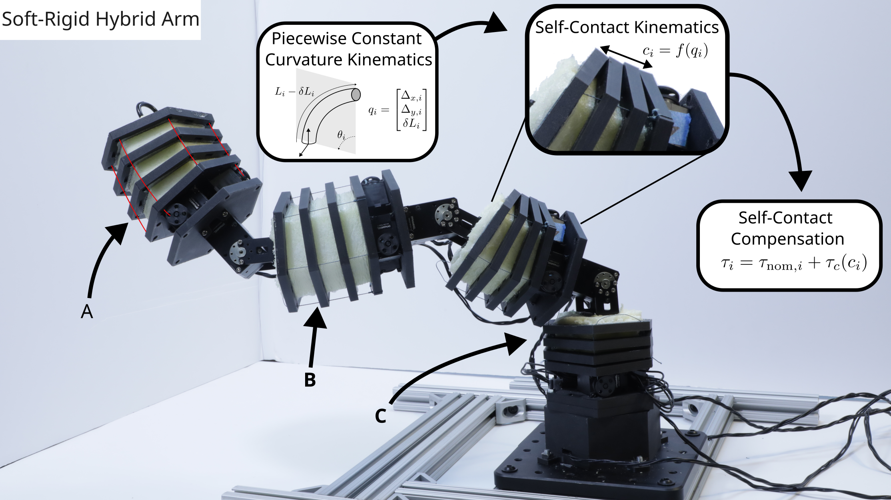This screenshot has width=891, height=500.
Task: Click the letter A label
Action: click(x=87, y=312)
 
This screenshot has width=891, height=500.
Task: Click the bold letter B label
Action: click(x=310, y=380)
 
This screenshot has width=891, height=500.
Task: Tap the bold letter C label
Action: click(x=380, y=416)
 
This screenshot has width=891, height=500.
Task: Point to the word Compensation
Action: click(x=787, y=239)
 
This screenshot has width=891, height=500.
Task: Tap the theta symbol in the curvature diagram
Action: click(x=341, y=135)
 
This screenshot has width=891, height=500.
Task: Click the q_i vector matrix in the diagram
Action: click(x=398, y=110)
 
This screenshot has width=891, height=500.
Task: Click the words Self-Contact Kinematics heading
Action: click(x=627, y=27)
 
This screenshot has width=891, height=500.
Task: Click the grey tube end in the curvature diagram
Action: click(x=356, y=94)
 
